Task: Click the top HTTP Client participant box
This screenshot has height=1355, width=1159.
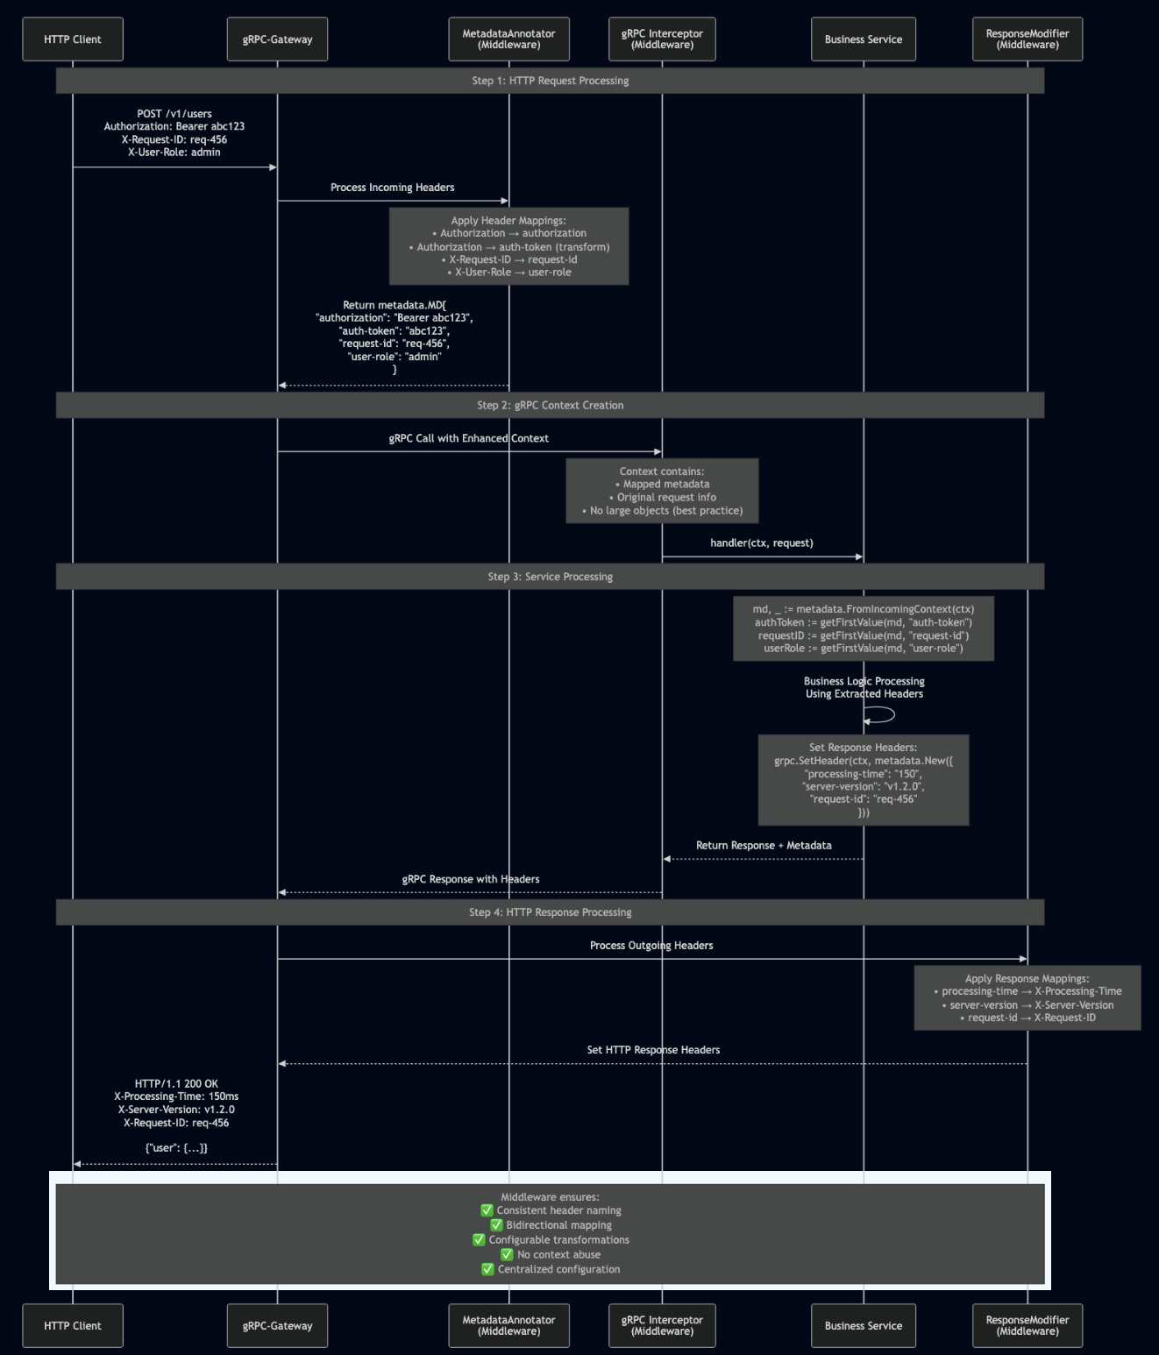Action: (x=73, y=39)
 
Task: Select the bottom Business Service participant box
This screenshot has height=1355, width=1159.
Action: (x=863, y=1325)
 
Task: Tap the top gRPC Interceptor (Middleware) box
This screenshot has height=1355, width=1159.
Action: (x=662, y=39)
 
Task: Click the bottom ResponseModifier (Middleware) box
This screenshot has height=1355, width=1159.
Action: (x=1027, y=1325)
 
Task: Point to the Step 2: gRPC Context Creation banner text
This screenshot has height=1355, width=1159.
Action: (x=550, y=405)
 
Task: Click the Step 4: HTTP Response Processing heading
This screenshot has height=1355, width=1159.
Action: (x=550, y=912)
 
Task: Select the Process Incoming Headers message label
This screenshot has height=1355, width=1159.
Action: (x=392, y=188)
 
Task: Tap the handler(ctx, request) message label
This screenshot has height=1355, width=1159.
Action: (x=761, y=543)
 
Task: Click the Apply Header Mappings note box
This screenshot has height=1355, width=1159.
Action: (x=508, y=246)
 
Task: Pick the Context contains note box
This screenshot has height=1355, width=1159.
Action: (x=662, y=491)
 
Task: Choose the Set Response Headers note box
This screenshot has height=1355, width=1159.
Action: (x=863, y=780)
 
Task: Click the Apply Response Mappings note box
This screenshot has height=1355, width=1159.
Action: (x=1027, y=998)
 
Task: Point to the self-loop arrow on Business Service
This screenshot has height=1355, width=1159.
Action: (x=882, y=715)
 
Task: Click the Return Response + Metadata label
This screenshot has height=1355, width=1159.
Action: (x=764, y=846)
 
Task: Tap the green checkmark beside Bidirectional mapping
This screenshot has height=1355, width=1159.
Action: (x=496, y=1225)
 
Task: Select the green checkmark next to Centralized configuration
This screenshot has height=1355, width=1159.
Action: (x=487, y=1269)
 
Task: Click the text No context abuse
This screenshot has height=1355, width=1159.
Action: (x=558, y=1255)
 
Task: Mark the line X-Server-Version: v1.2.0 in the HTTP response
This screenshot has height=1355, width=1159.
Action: (x=176, y=1110)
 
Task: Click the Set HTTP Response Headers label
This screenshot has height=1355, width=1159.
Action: (x=653, y=1050)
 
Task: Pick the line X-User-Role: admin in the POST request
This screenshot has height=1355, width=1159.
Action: (x=174, y=153)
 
